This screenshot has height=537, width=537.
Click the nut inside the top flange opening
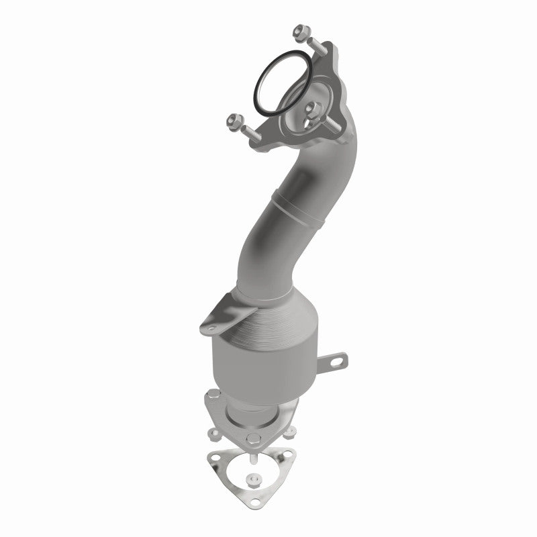tap(311, 107)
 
